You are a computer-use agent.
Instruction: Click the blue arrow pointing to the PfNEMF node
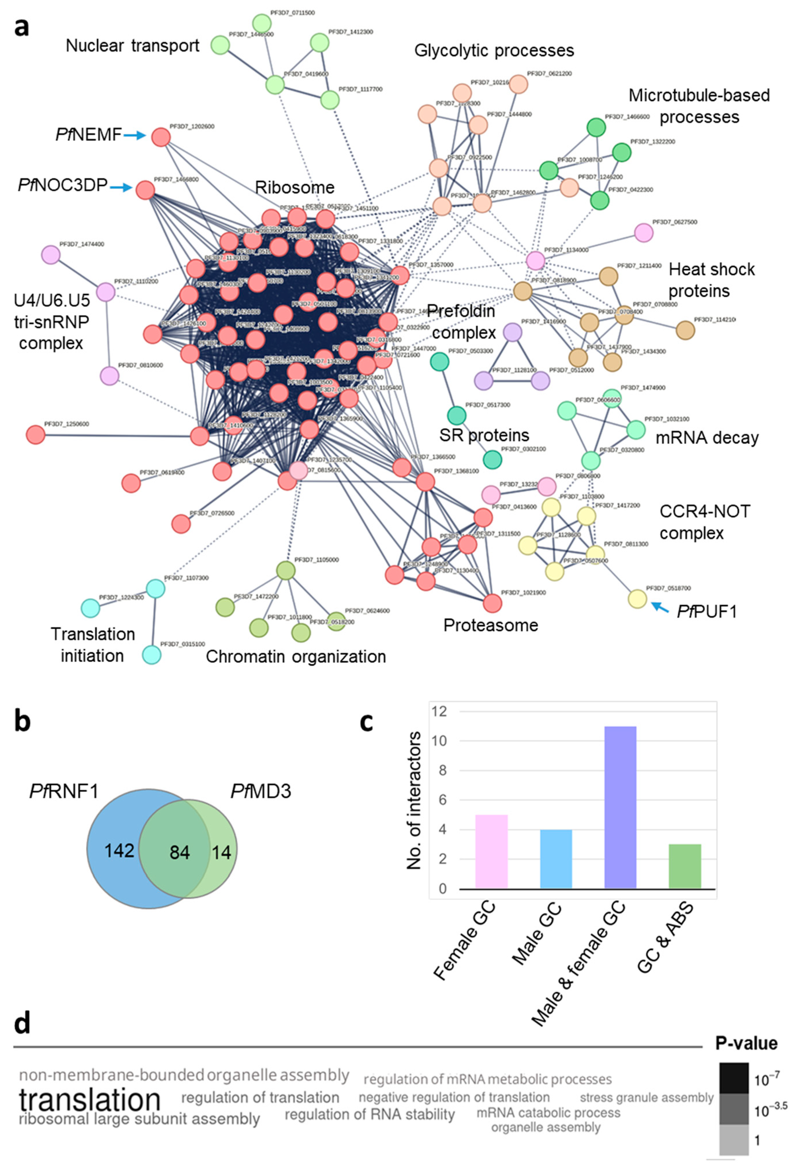pos(134,136)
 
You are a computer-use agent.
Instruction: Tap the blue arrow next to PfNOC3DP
pos(121,188)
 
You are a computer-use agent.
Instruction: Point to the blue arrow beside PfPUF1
pos(660,607)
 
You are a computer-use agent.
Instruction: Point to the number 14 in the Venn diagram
pos(221,852)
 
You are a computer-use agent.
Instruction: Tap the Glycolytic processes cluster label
pos(494,51)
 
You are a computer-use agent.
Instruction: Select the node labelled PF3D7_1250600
pos(35,434)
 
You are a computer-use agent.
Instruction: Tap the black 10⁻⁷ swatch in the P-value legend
pos(733,1078)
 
